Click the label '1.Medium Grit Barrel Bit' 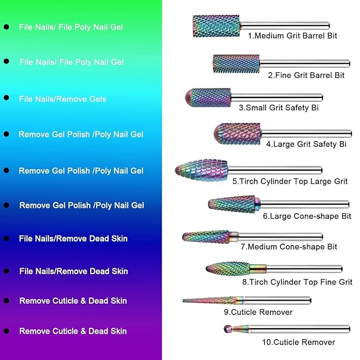[292, 36]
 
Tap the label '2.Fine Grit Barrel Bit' [306, 75]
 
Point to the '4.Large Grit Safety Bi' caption [306, 144]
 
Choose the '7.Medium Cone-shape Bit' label [288, 247]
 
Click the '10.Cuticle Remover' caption [298, 342]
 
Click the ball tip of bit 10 [227, 329]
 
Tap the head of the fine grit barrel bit [236, 64]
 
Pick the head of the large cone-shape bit [231, 204]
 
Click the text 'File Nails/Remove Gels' [63, 99]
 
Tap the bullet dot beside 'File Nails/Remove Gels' [6, 98]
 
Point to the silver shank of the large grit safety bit [306, 134]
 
